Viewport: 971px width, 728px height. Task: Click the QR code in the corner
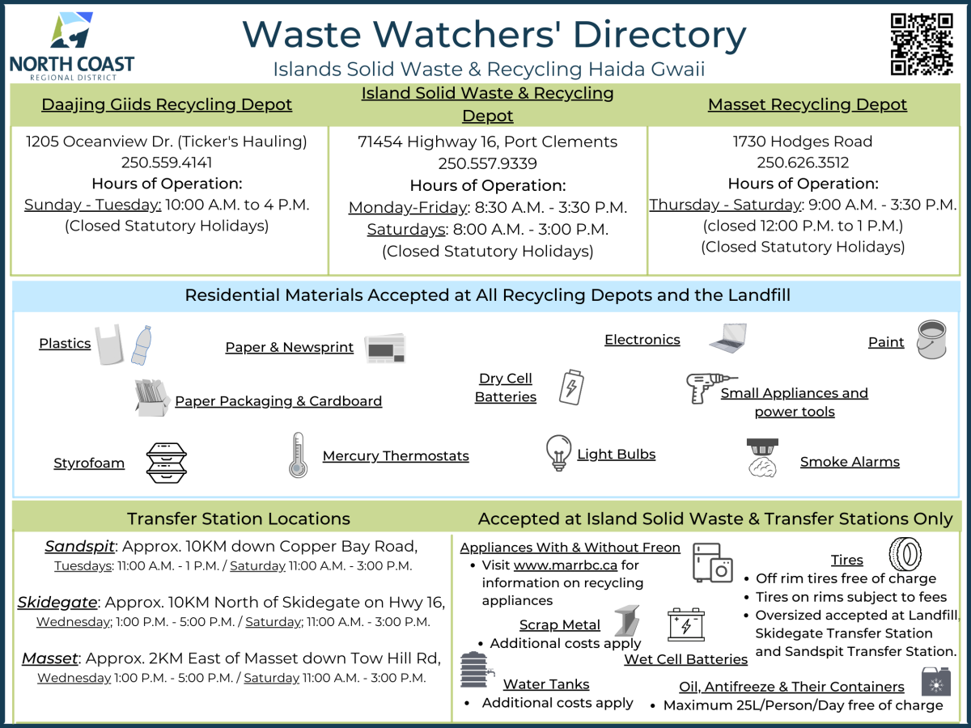tap(922, 44)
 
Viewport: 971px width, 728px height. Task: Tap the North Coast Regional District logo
tap(72, 46)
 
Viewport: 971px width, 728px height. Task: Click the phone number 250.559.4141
tap(167, 163)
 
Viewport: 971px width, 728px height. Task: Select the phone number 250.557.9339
tap(487, 163)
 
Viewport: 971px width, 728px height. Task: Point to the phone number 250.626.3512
tap(803, 163)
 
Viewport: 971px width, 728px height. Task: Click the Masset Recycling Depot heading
tap(808, 105)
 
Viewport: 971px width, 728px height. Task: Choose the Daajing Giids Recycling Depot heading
tap(167, 105)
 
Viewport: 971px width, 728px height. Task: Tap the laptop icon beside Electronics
tap(728, 338)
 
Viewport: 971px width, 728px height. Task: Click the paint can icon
tap(931, 340)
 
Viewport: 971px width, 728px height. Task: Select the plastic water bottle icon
tap(142, 345)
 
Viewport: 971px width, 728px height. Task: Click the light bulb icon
tap(558, 453)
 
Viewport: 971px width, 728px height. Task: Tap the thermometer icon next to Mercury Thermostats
tap(298, 455)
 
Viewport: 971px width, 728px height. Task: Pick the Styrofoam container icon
tap(167, 463)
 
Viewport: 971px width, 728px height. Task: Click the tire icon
tap(905, 554)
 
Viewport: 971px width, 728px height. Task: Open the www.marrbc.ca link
tap(566, 565)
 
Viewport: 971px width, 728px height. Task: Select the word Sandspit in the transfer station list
tap(79, 547)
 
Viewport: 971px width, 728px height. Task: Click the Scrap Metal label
tap(560, 625)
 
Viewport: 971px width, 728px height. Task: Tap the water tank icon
tap(477, 670)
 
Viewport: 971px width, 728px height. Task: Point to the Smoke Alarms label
tap(850, 462)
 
